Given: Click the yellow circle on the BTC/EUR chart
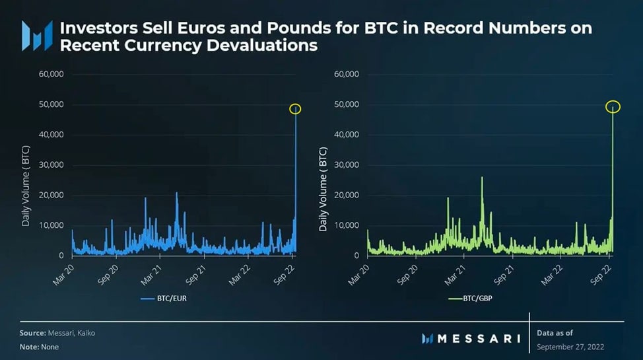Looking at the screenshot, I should coord(295,109).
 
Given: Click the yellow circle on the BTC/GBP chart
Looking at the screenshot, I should coord(613,106).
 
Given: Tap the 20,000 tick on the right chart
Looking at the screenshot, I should coord(346,196).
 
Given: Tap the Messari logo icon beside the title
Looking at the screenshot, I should coord(37,36).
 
